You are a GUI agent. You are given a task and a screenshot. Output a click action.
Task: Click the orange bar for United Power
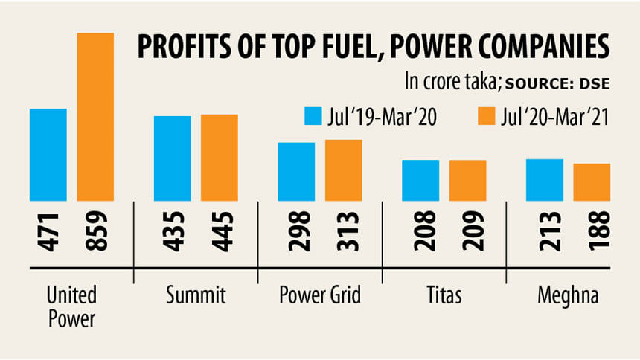96,117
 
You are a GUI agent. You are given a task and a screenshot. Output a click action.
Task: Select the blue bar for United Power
48,155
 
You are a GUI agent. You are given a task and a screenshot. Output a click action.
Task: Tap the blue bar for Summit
173,158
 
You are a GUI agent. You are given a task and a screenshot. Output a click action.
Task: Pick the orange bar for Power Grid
344,170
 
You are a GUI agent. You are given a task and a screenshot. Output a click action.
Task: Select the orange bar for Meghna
592,181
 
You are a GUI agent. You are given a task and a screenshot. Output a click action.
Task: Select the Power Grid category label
320,295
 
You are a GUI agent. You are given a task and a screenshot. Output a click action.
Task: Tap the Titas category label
444,295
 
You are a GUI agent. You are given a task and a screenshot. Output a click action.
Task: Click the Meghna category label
568,295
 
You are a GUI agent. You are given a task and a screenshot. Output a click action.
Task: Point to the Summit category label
196,295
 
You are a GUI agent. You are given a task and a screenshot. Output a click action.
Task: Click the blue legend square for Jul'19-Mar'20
313,117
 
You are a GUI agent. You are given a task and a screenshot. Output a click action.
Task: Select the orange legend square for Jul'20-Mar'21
486,117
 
